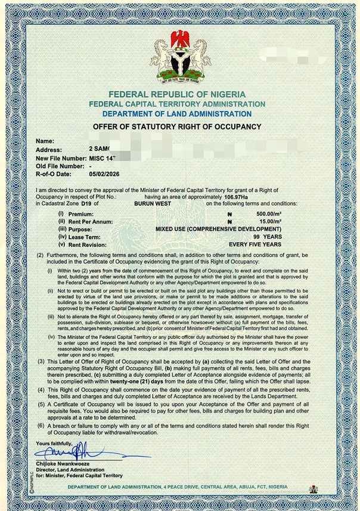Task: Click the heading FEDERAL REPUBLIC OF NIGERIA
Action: tap(177, 95)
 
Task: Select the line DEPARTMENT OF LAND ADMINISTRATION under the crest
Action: tap(176, 114)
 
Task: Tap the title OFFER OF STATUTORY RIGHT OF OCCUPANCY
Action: tap(177, 127)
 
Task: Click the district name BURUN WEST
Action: tap(152, 203)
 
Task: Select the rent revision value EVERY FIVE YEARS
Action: tap(255, 244)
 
